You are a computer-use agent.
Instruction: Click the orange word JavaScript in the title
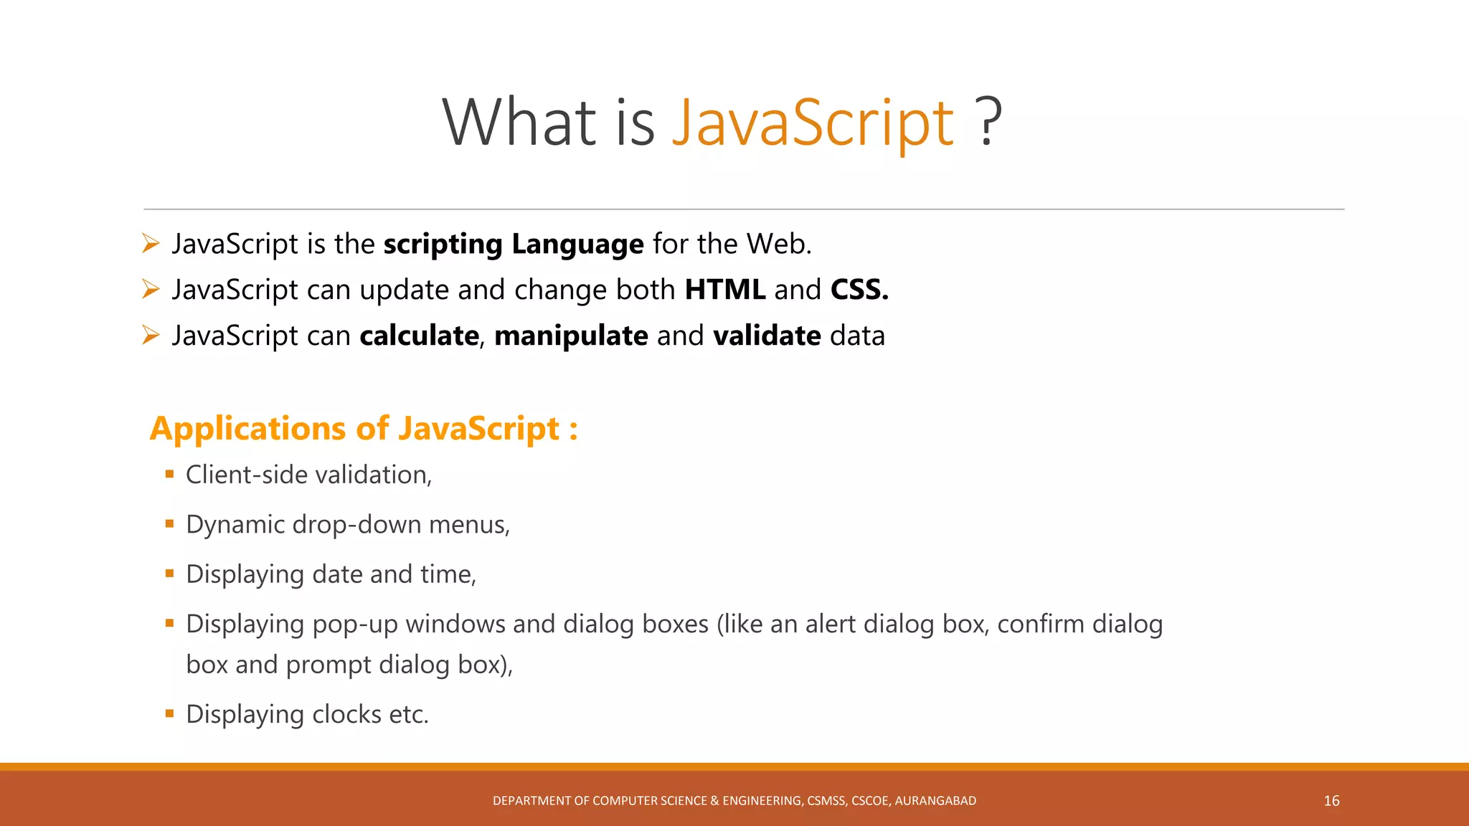(812, 123)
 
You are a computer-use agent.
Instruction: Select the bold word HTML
(724, 290)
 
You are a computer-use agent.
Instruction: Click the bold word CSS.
(859, 290)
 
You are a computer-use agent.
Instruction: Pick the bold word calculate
(419, 336)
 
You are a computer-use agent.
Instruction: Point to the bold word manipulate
(571, 336)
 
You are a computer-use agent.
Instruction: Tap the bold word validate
(767, 336)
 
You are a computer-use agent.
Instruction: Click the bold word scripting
(443, 245)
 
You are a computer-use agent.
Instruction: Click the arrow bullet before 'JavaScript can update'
(151, 289)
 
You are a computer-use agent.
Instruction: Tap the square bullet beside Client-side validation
(170, 474)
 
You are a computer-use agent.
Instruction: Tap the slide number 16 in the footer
(1331, 801)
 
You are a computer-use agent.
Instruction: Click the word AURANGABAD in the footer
(935, 801)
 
